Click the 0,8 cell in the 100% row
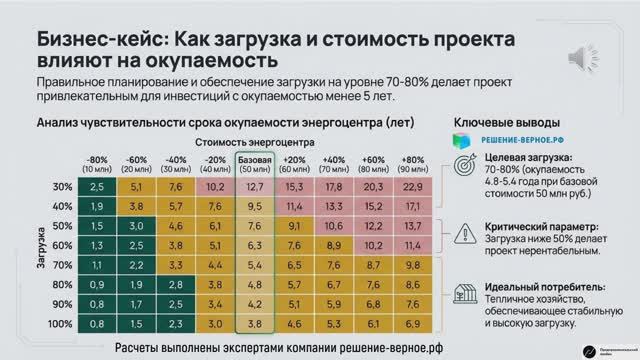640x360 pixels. (97, 324)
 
